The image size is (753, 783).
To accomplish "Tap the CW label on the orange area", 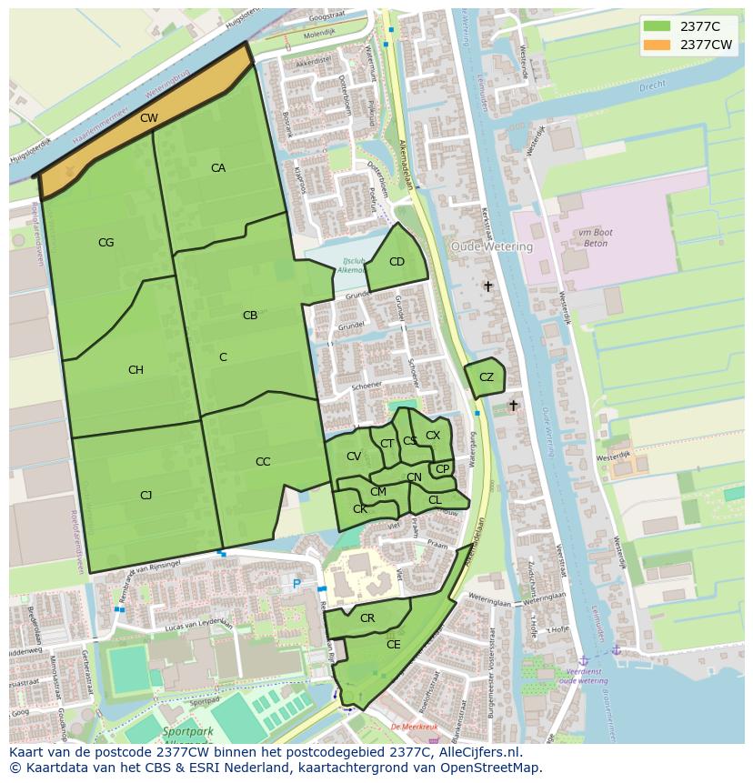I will tap(148, 118).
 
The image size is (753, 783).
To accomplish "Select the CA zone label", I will tap(218, 168).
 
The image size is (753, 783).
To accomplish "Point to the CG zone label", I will tap(106, 243).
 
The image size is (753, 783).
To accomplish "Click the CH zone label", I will tap(136, 370).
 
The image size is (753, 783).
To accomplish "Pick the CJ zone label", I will tap(146, 496).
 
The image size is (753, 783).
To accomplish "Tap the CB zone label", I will tap(250, 316).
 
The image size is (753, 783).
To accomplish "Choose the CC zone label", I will tap(263, 462).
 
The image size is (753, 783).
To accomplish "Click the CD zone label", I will tap(397, 262).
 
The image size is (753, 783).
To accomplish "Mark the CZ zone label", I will tap(487, 377).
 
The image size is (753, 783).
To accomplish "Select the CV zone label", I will tap(354, 457).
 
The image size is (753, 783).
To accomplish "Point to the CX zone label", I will tap(433, 436).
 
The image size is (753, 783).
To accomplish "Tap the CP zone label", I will tap(442, 469).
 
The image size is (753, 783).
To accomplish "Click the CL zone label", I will tap(435, 500).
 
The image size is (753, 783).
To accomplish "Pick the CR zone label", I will tap(367, 618).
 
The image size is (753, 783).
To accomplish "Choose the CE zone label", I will tap(394, 645).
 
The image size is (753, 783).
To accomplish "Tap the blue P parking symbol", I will tap(296, 583).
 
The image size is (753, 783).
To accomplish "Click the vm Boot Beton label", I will tap(595, 239).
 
